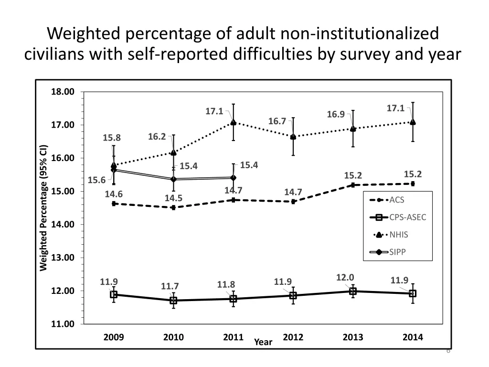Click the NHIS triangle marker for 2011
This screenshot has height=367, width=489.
click(233, 122)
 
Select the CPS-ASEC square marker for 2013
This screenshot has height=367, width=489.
click(353, 291)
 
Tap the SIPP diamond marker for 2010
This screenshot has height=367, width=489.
click(173, 179)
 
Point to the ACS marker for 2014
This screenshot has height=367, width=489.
click(413, 183)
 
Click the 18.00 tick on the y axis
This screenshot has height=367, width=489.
click(63, 92)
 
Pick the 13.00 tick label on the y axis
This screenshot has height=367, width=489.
click(63, 258)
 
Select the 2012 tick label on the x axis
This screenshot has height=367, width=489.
click(293, 337)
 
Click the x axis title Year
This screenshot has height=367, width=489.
click(263, 342)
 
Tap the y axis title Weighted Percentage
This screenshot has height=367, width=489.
click(43, 207)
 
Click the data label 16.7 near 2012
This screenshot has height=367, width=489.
click(277, 121)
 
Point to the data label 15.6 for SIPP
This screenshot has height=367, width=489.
click(96, 180)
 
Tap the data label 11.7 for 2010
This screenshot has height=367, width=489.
click(170, 287)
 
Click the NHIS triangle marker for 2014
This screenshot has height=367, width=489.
click(413, 122)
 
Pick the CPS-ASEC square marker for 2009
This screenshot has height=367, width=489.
click(114, 294)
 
